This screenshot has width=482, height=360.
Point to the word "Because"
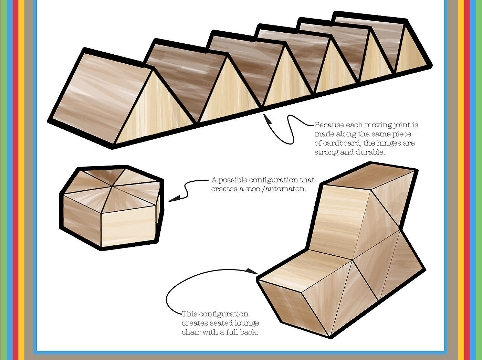tap(329, 125)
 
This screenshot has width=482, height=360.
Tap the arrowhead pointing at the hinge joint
tap(266, 118)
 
